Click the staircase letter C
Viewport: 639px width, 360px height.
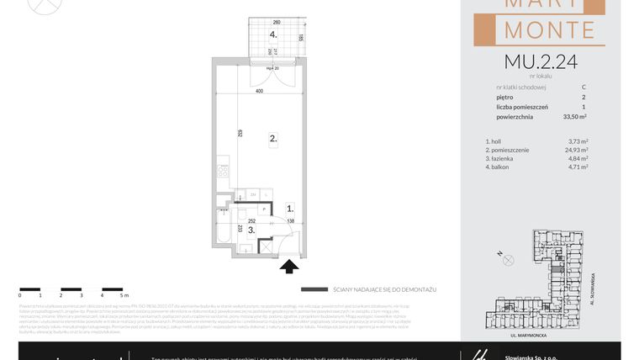(x=584, y=87)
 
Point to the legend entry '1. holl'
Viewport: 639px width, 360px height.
(x=494, y=141)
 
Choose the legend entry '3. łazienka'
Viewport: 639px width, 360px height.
(x=500, y=158)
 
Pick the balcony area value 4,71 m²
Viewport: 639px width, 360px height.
(x=576, y=167)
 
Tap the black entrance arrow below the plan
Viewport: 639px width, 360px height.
(x=288, y=267)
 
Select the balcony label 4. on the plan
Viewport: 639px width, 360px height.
(x=273, y=34)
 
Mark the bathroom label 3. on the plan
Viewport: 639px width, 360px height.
(x=227, y=228)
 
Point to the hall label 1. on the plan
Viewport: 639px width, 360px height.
(x=289, y=208)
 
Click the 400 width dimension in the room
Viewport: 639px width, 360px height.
(x=260, y=90)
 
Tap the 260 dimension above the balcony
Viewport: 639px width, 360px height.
(x=276, y=22)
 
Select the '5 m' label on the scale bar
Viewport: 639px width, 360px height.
(x=123, y=296)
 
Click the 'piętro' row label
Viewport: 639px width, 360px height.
(x=505, y=97)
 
